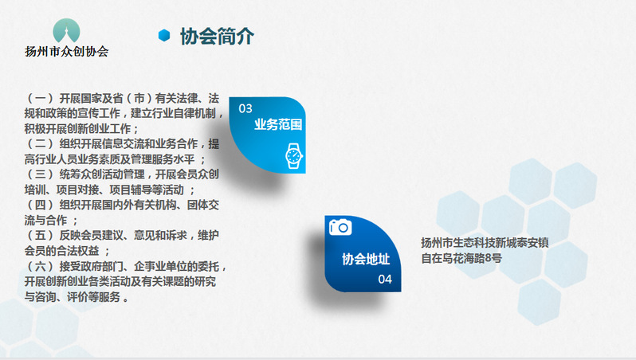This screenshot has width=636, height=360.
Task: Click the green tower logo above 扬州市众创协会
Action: [x=66, y=30]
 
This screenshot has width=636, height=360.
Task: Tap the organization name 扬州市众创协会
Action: [x=66, y=52]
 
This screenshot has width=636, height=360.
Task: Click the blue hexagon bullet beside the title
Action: [x=164, y=36]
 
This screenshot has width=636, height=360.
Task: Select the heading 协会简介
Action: [x=217, y=37]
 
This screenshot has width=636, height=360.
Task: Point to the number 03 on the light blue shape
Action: [x=245, y=108]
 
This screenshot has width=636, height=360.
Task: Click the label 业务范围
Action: [x=278, y=124]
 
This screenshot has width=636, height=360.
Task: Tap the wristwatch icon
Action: [x=293, y=155]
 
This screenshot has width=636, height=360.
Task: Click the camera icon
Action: [x=340, y=227]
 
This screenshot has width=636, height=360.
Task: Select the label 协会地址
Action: [x=366, y=259]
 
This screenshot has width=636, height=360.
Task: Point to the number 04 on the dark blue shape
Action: [x=385, y=280]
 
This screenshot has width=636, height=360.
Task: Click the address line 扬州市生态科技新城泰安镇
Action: [x=485, y=243]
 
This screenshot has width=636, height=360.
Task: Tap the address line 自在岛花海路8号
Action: [x=461, y=258]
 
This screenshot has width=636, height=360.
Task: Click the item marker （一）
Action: [x=40, y=98]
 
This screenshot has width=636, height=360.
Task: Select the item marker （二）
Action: [x=40, y=144]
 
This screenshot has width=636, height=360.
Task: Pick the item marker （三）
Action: [x=40, y=174]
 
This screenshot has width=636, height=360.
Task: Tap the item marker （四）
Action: [x=40, y=205]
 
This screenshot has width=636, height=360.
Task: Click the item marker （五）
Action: [x=40, y=235]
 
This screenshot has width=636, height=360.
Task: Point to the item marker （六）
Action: [x=40, y=266]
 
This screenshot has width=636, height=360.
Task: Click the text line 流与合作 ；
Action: [x=51, y=220]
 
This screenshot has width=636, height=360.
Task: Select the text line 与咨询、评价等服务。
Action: [x=77, y=297]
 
